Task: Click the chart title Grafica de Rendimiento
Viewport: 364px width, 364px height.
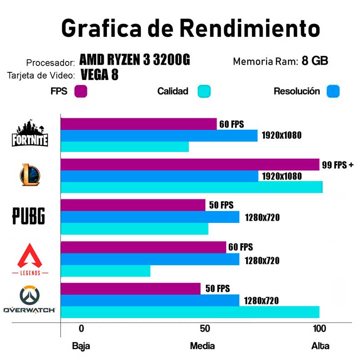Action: (x=190, y=28)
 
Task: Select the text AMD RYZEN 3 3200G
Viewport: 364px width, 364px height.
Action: (x=134, y=60)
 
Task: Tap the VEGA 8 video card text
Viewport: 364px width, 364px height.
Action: (x=100, y=75)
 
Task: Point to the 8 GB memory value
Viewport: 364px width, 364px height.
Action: (x=315, y=61)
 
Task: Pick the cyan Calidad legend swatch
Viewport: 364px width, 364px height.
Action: (x=204, y=91)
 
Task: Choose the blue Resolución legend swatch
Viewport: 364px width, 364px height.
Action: (x=333, y=91)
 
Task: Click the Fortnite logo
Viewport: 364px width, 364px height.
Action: (x=30, y=134)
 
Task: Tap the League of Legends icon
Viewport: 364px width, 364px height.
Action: (x=30, y=175)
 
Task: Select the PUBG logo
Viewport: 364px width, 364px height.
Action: (x=28, y=216)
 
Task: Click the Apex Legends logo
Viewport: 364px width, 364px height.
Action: (x=30, y=258)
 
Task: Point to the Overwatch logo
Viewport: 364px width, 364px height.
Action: (x=30, y=300)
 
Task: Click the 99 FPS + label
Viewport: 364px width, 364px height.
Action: (x=338, y=165)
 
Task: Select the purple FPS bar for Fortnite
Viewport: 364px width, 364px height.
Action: (x=138, y=124)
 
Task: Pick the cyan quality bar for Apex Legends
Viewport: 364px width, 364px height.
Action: (x=105, y=271)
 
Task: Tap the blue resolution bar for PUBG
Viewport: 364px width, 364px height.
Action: (x=150, y=217)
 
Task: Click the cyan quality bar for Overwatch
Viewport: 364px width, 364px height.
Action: (x=190, y=312)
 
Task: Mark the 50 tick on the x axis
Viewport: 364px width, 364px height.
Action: (x=205, y=329)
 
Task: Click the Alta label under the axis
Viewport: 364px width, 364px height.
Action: (x=320, y=346)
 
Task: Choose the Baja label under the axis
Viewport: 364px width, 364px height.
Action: (x=81, y=346)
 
